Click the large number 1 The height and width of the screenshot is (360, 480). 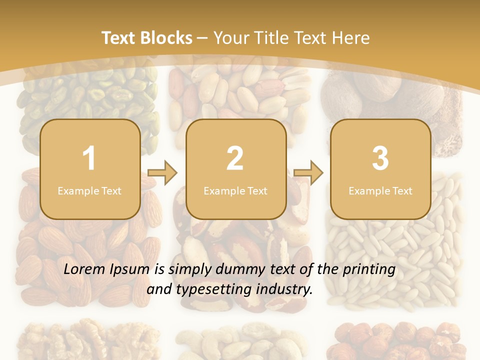89,158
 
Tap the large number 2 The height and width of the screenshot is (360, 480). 235,158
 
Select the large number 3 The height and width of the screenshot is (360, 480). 380,158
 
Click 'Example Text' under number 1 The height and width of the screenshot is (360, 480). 89,190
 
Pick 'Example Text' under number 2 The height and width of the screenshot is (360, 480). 235,190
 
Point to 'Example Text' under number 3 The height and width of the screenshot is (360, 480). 380,190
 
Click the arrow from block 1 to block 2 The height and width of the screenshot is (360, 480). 162,173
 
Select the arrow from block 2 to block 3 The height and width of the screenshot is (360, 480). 308,173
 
